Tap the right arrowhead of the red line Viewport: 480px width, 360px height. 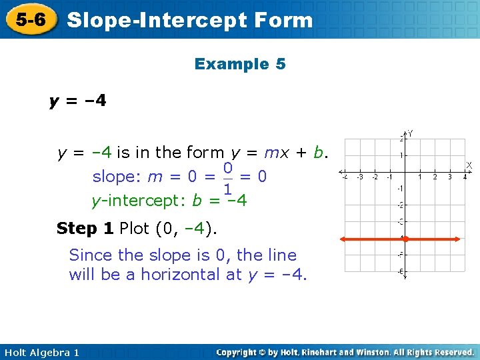pyautogui.click(x=460, y=238)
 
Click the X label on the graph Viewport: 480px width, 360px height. pyautogui.click(x=469, y=164)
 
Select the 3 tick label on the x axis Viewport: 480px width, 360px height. pyautogui.click(x=449, y=177)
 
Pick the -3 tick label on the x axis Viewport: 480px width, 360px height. pyautogui.click(x=360, y=177)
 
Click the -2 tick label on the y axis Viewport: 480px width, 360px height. pyautogui.click(x=400, y=205)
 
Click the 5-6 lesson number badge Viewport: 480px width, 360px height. pyautogui.click(x=31, y=19)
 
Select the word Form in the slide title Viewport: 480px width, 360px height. pyautogui.click(x=283, y=19)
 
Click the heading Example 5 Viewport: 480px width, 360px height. pyautogui.click(x=240, y=64)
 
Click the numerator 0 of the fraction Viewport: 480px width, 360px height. pyautogui.click(x=227, y=167)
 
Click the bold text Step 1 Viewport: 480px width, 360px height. pyautogui.click(x=85, y=229)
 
